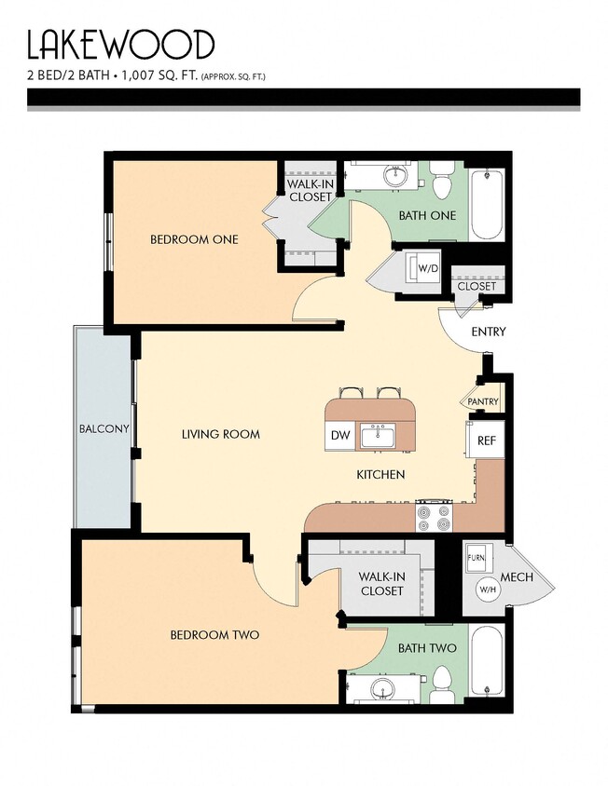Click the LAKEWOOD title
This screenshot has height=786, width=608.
tap(120, 45)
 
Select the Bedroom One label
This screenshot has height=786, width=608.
tap(194, 239)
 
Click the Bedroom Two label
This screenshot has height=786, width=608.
tap(214, 635)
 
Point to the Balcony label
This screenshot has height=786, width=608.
tap(104, 429)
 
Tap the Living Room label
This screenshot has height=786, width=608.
tap(220, 434)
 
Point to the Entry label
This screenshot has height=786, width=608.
tap(488, 332)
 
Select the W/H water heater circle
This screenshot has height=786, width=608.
tap(487, 589)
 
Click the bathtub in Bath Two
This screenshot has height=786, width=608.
tap(487, 662)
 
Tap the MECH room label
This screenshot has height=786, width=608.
tap(518, 577)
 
